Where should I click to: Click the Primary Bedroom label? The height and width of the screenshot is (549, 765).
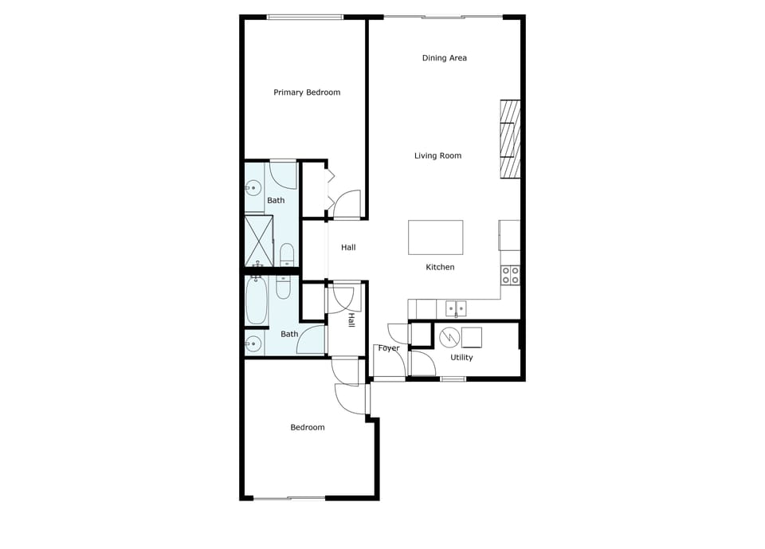pos(307,92)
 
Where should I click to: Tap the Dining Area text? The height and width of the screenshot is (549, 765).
pos(444,58)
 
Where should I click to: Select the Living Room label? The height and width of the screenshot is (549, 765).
pos(437,156)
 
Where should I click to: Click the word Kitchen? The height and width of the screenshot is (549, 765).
pos(440,268)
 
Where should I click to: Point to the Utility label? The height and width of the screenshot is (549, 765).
pos(461,358)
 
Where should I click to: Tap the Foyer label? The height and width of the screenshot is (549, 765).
pos(389,348)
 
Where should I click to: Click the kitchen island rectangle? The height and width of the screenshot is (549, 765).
pos(435,237)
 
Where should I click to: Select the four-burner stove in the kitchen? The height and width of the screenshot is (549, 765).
pos(510,275)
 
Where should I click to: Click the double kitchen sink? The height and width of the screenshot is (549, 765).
pos(456,308)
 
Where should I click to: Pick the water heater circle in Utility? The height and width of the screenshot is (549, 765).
pos(449,337)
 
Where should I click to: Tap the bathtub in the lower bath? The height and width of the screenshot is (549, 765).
pos(257,300)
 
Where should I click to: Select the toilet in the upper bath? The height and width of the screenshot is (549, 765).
pos(287,255)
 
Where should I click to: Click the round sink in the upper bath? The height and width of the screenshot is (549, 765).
pos(253,189)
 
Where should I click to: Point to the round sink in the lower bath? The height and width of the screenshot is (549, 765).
pos(253,344)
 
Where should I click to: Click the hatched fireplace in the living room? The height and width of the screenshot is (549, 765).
pos(510,140)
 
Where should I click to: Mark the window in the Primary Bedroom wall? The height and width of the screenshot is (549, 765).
pos(304,17)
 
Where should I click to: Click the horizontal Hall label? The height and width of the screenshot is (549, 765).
pos(348,248)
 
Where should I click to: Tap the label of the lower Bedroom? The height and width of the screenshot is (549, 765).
pos(307,428)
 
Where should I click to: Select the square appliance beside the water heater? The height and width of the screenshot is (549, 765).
pos(472,338)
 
